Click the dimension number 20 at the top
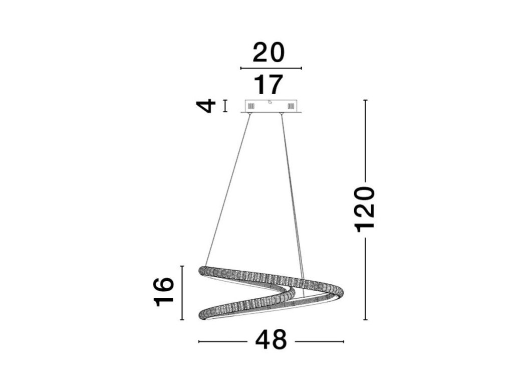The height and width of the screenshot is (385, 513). click(x=269, y=52)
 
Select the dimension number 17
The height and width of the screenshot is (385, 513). click(x=269, y=84)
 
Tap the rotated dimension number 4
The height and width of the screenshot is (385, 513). click(x=206, y=106)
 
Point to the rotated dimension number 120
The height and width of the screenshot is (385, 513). click(x=365, y=210)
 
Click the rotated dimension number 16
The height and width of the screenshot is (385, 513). click(x=164, y=292)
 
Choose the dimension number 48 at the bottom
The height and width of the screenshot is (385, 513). click(x=271, y=340)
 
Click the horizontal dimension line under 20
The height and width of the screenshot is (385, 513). click(x=271, y=68)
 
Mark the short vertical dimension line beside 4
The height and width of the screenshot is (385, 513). click(x=225, y=106)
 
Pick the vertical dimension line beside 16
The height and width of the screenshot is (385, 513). click(x=182, y=293)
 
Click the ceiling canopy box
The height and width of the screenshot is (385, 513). click(x=271, y=106)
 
